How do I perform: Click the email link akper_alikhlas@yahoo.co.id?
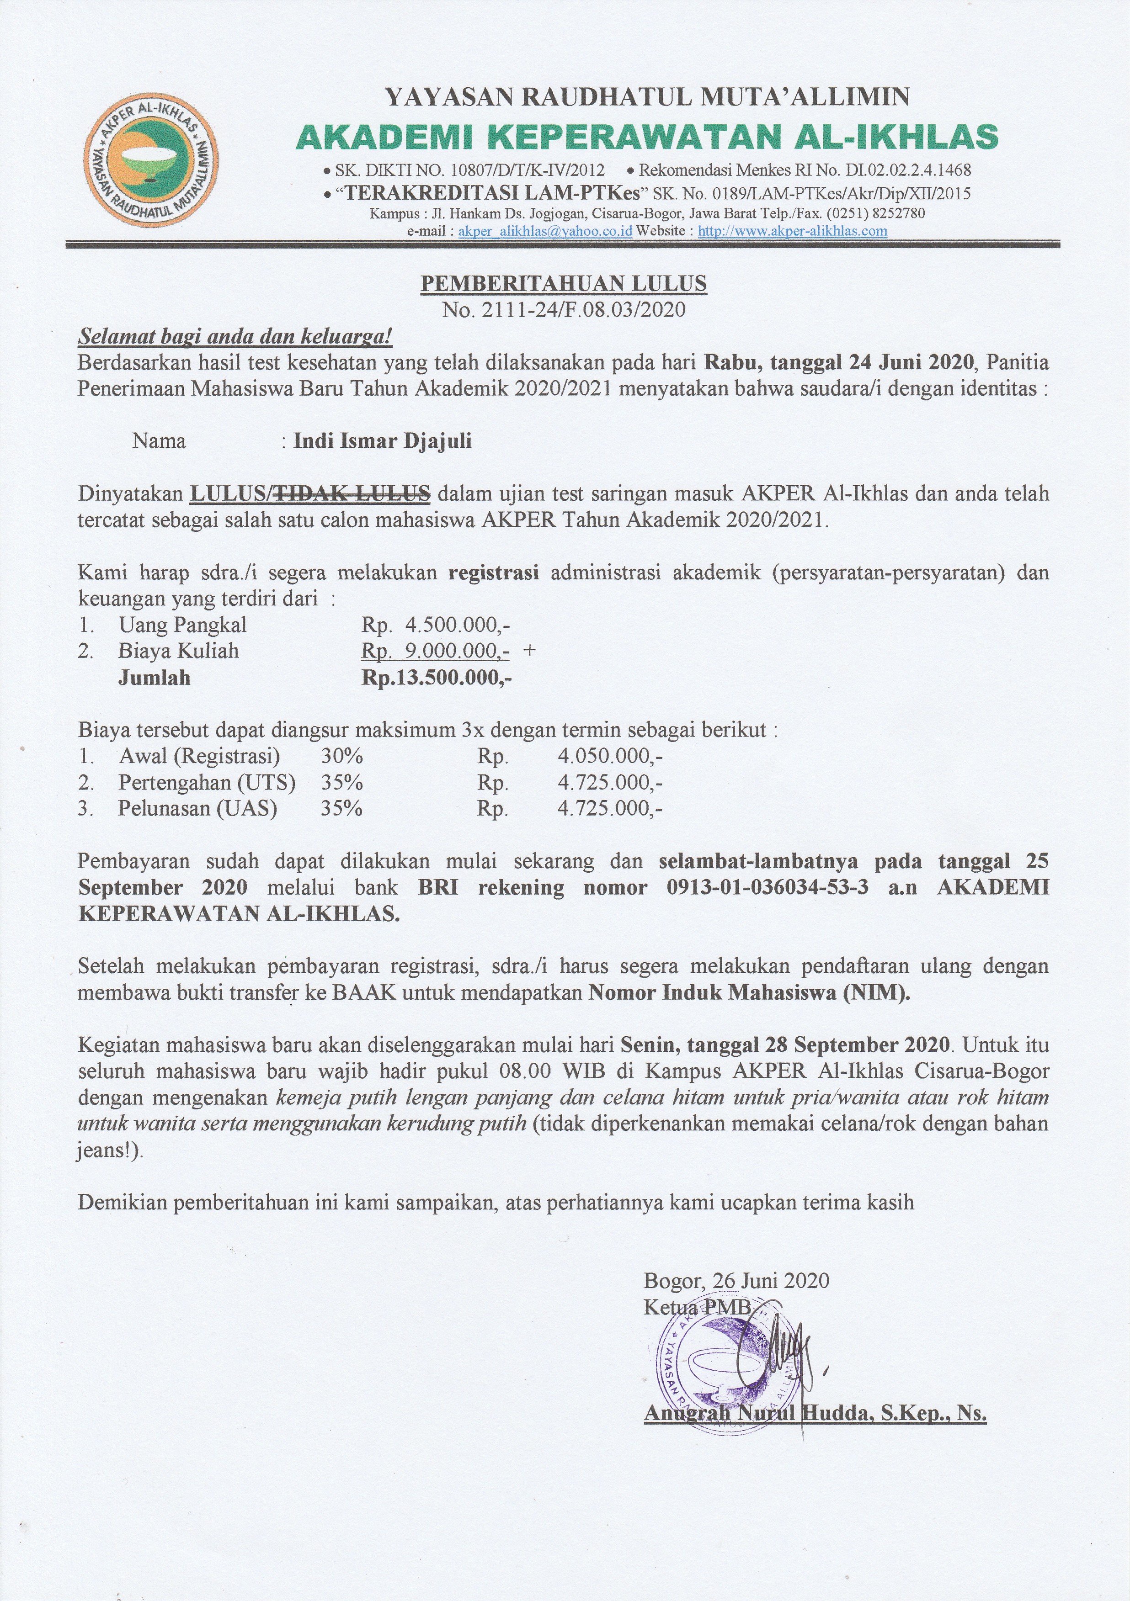[x=545, y=231]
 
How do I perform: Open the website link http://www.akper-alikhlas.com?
[x=792, y=231]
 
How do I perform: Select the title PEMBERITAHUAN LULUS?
[x=564, y=284]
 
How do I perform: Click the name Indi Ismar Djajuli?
[x=382, y=441]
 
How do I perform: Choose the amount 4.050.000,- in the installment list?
[x=610, y=756]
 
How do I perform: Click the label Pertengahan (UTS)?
[x=207, y=782]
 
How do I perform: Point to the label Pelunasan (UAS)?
[x=197, y=809]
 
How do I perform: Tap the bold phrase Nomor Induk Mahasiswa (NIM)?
[x=750, y=993]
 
